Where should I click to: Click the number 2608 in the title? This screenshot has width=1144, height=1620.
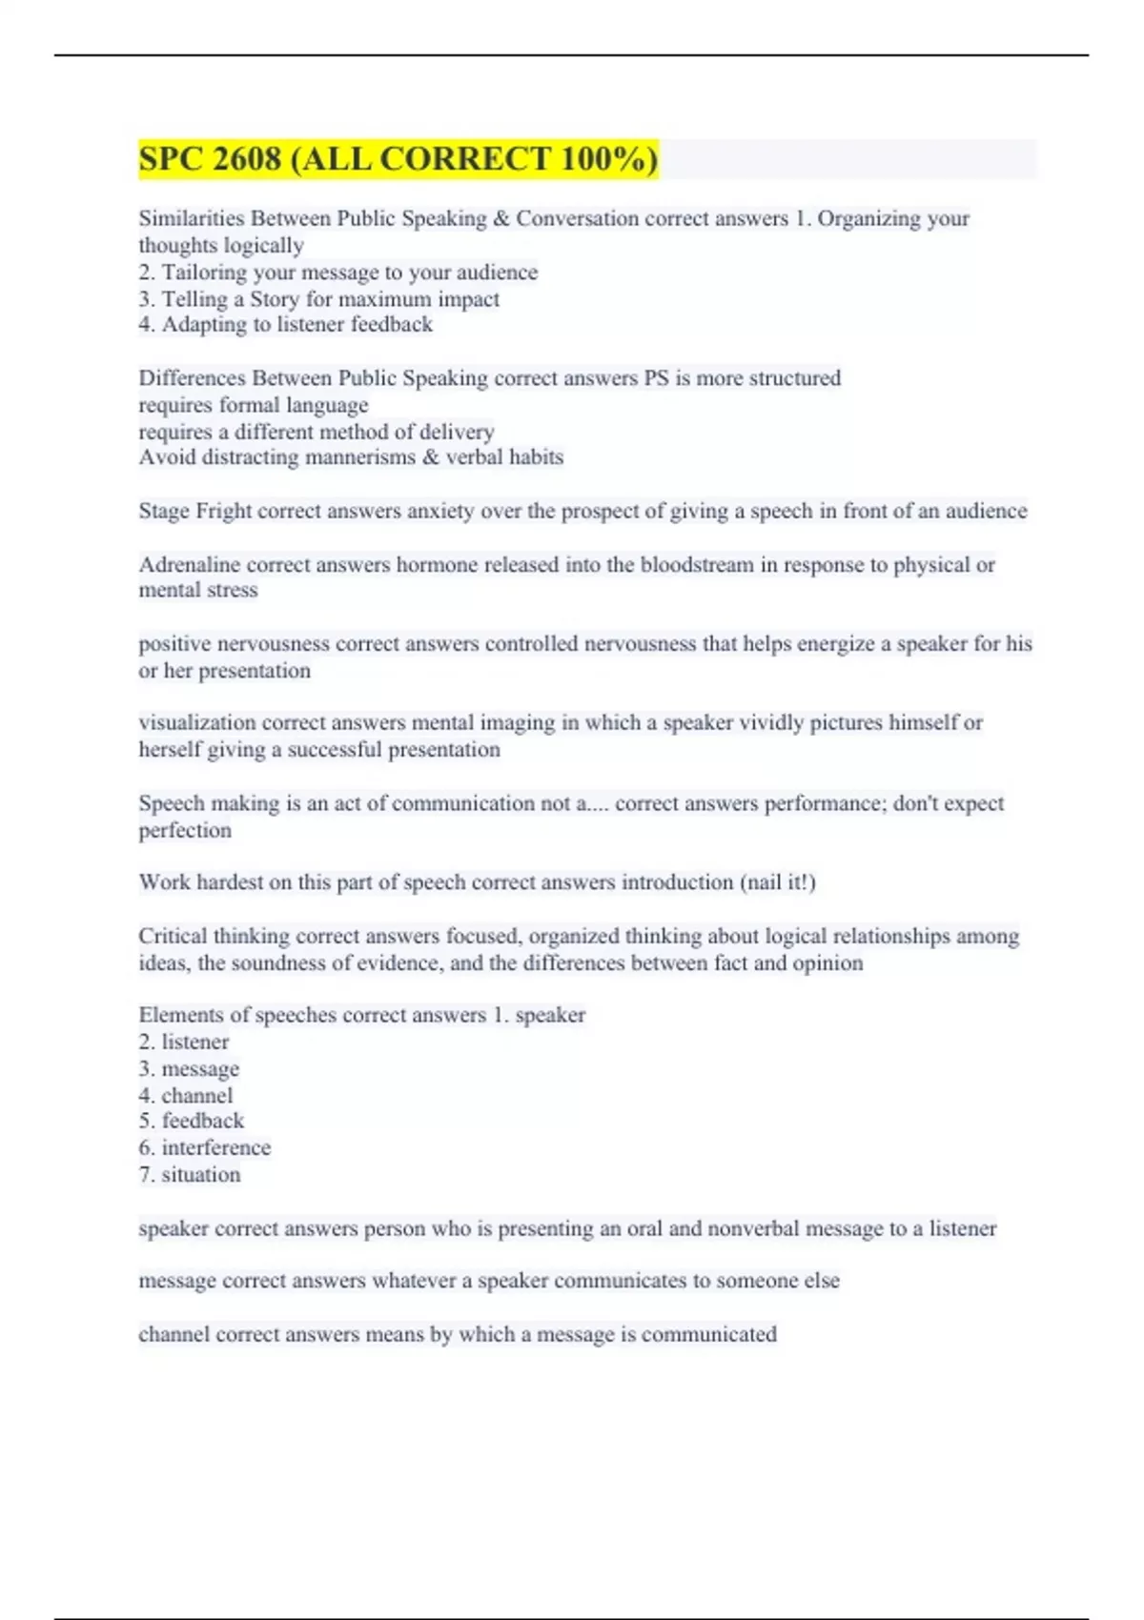(248, 159)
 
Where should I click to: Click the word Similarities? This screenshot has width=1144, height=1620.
(192, 218)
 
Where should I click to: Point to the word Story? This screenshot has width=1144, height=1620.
(275, 299)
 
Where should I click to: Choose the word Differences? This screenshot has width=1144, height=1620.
(193, 378)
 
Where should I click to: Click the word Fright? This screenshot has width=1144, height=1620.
(223, 511)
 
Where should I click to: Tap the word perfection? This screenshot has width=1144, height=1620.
(185, 830)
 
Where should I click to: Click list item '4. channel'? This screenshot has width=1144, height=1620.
(186, 1096)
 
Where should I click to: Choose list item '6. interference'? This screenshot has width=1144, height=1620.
(205, 1147)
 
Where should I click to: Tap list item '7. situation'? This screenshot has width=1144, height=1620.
(190, 1175)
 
